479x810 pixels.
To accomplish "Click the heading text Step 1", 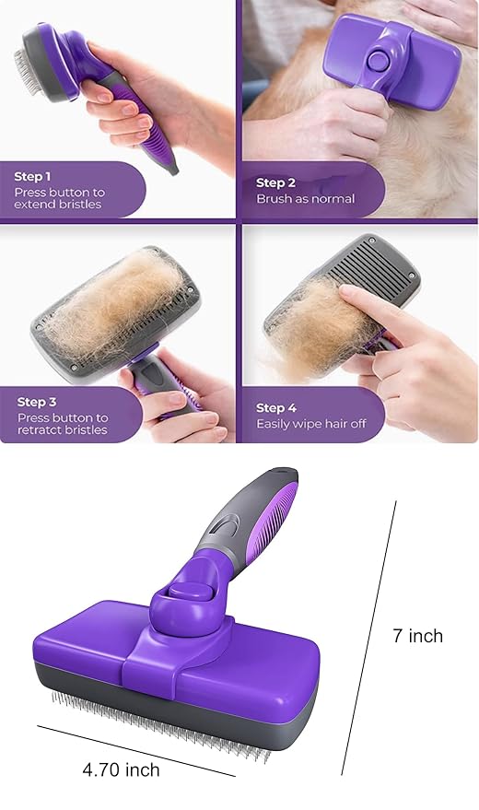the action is coord(32,177).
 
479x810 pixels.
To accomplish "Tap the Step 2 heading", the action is coord(275,182).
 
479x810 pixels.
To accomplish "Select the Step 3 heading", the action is coord(37,402).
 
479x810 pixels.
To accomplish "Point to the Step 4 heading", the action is coord(276,408).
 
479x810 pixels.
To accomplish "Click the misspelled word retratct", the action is coord(36,429).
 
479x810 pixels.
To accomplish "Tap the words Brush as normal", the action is coord(306,199).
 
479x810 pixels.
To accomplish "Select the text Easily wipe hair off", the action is coord(311,424).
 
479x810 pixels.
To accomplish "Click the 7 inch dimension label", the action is coord(417,636).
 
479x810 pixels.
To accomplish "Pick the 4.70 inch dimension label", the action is coord(121,769).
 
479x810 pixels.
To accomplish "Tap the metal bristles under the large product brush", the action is coord(160,726).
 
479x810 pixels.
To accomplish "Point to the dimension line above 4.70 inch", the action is coord(136,751).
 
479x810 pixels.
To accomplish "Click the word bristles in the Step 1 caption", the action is coord(79,205).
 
